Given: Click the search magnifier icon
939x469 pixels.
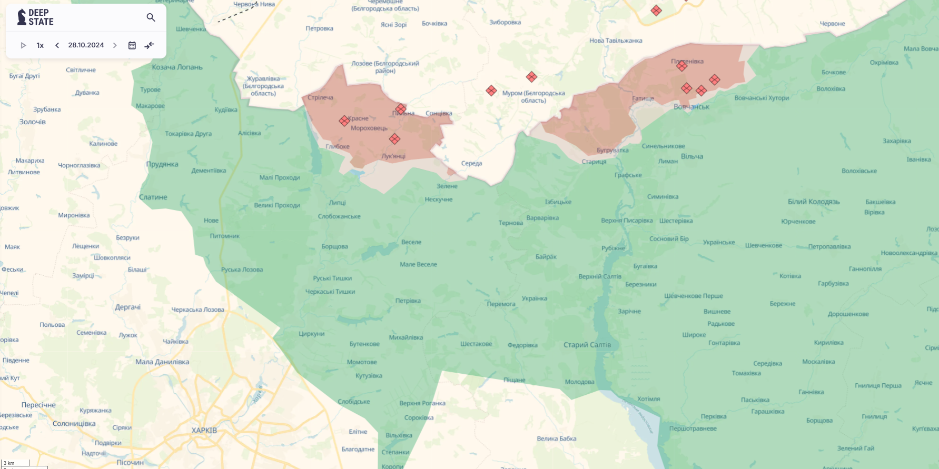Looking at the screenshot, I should pyautogui.click(x=151, y=17).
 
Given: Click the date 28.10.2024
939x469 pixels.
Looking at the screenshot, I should pyautogui.click(x=86, y=45).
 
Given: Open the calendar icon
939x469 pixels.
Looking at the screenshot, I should pyautogui.click(x=132, y=45).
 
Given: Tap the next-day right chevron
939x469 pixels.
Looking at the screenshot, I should pyautogui.click(x=115, y=45).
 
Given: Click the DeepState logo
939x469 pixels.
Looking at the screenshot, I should pyautogui.click(x=36, y=17).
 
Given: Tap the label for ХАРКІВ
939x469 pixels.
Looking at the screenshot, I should pyautogui.click(x=204, y=430).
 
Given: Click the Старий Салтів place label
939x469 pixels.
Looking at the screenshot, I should pyautogui.click(x=587, y=345).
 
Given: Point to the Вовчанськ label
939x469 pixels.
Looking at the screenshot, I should pyautogui.click(x=691, y=107).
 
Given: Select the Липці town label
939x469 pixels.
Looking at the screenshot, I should pyautogui.click(x=337, y=203).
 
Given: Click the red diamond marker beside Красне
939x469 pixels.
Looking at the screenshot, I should pyautogui.click(x=344, y=121).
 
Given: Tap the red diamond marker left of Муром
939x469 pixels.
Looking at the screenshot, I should pyautogui.click(x=491, y=91).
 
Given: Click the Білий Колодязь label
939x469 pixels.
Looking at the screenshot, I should pyautogui.click(x=813, y=202).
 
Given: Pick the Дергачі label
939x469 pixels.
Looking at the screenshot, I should pyautogui.click(x=127, y=307).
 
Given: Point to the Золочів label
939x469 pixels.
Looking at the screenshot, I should pyautogui.click(x=33, y=122).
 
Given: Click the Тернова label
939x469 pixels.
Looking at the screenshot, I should pyautogui.click(x=510, y=223).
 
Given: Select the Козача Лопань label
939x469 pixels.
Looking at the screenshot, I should pyautogui.click(x=177, y=67).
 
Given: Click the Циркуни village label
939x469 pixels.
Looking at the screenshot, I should pyautogui.click(x=312, y=334).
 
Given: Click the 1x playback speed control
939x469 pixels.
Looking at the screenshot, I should pyautogui.click(x=40, y=45).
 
